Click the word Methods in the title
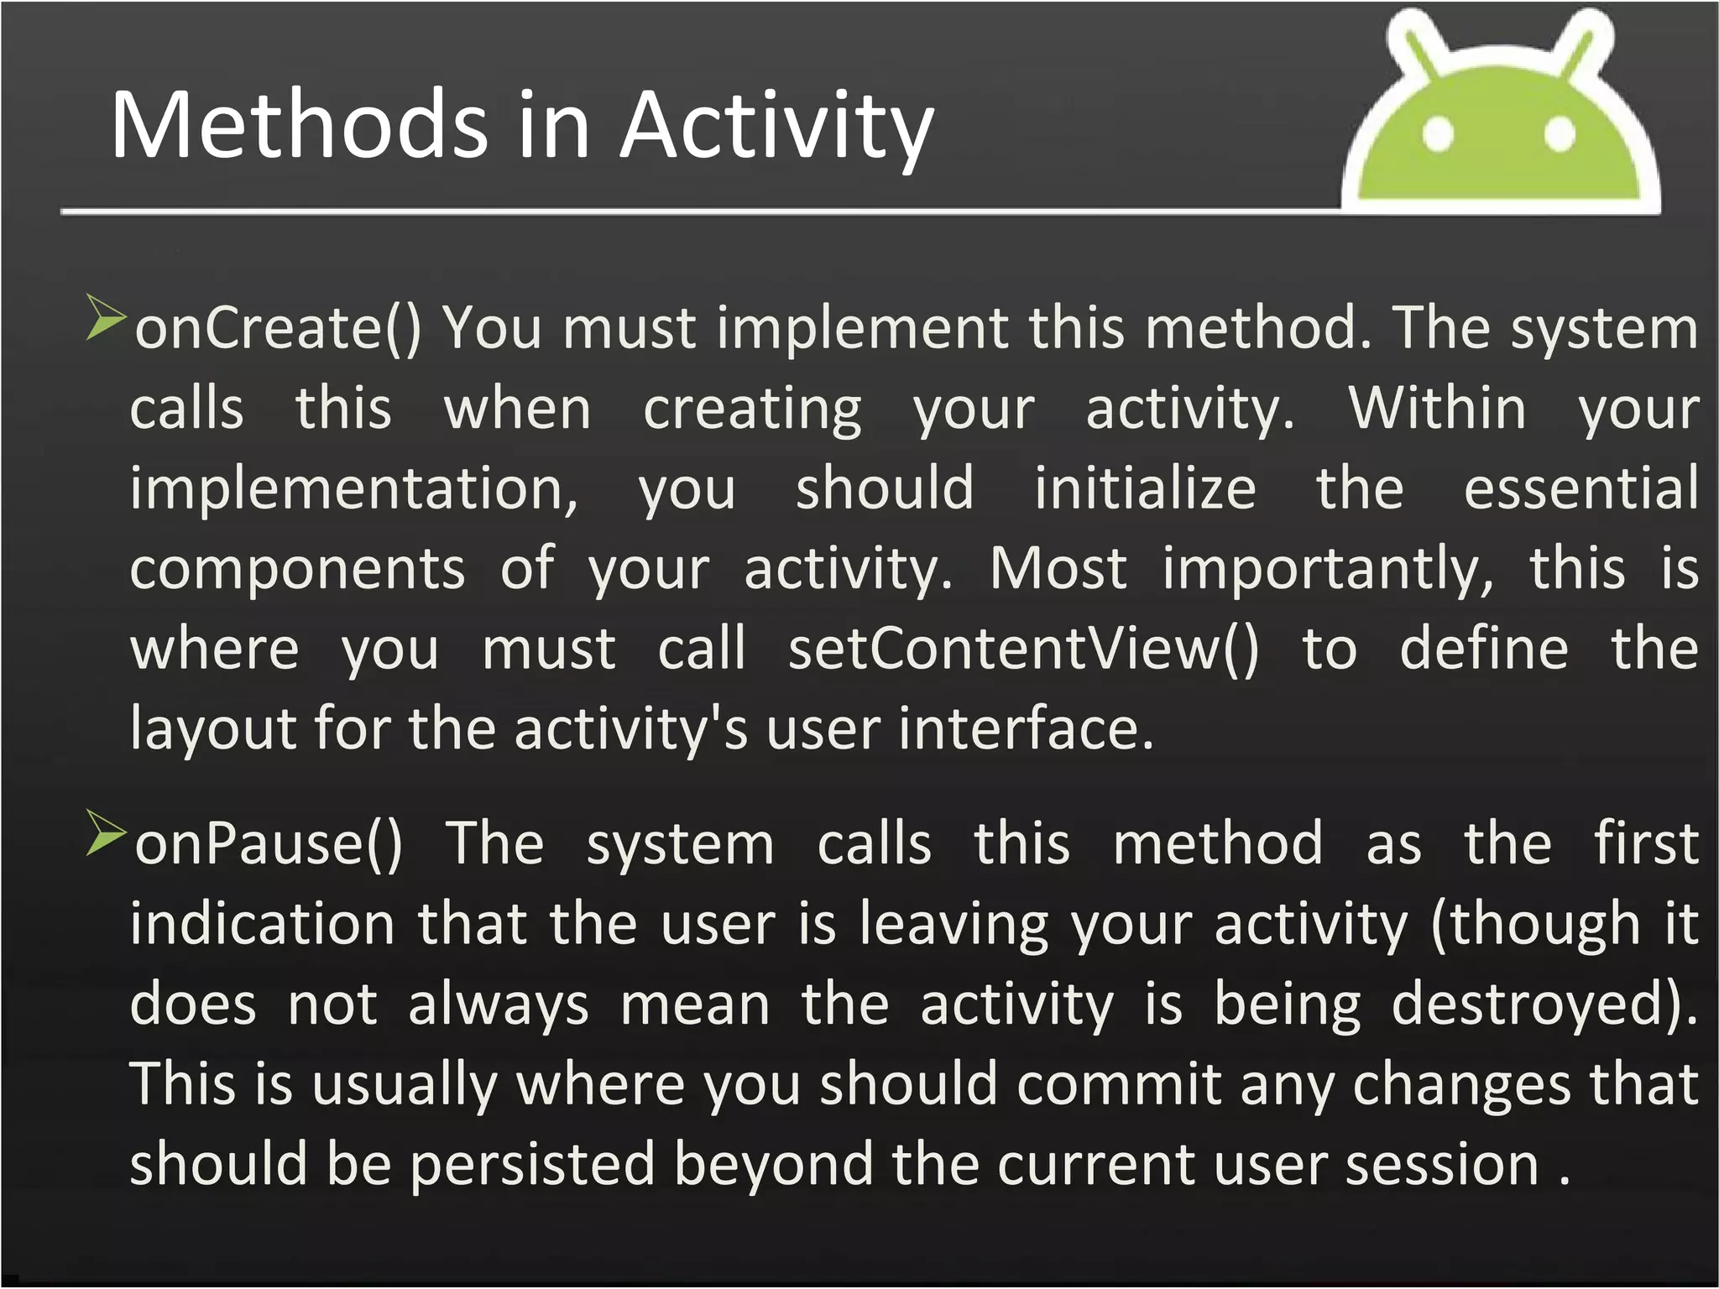click(x=299, y=126)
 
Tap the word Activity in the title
click(x=776, y=128)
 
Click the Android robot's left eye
click(x=1438, y=134)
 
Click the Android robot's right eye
click(x=1560, y=134)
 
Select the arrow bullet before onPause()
click(x=105, y=832)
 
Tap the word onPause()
click(x=269, y=843)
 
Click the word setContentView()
click(x=1023, y=650)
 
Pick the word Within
click(x=1437, y=409)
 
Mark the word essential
click(x=1581, y=488)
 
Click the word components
click(x=297, y=570)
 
